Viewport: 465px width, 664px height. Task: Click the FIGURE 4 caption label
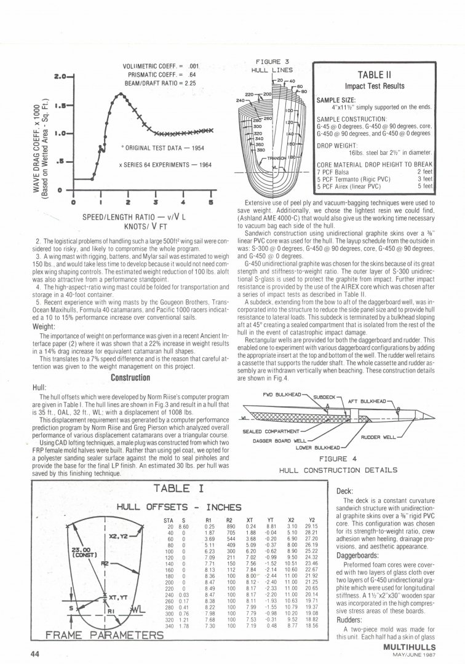[x=337, y=459]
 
